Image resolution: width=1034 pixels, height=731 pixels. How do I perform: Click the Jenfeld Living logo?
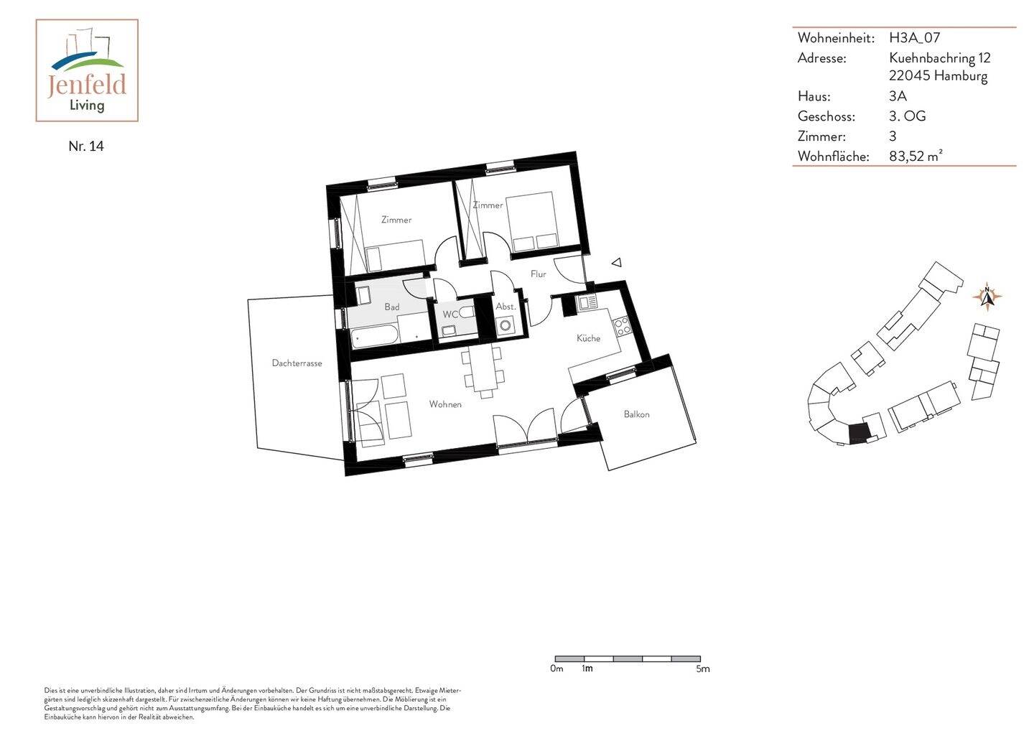87,70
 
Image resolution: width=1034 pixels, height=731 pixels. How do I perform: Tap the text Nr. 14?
86,146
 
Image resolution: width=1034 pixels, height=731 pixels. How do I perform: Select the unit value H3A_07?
914,38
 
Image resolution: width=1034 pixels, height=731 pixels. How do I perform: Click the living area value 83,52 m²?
916,156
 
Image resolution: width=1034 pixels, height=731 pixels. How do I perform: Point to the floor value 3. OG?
907,116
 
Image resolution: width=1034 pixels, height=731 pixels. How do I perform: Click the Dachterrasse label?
297,363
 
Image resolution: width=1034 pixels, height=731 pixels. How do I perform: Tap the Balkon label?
636,414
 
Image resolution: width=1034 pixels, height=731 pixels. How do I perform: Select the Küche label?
588,338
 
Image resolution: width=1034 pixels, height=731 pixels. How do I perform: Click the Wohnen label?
445,404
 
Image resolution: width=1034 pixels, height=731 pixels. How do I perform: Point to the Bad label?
391,307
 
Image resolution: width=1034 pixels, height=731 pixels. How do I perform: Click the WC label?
450,315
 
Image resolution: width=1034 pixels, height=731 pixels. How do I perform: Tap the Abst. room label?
506,307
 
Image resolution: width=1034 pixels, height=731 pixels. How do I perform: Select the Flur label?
538,274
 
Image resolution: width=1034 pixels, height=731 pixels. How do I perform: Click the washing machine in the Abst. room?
506,325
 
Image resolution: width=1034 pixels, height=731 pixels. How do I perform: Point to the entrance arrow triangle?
616,264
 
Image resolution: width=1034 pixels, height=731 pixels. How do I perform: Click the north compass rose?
987,296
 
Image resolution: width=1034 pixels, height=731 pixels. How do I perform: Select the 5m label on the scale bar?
702,669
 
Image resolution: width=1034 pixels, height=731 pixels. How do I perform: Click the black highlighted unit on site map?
858,432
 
